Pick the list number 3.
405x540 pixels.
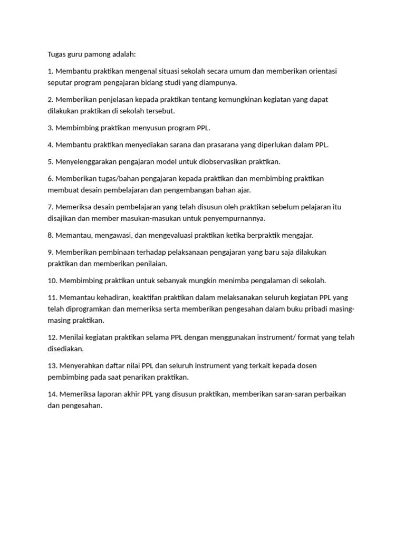tap(50, 128)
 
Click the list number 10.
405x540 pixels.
tap(52, 281)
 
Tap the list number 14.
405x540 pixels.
tap(52, 394)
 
